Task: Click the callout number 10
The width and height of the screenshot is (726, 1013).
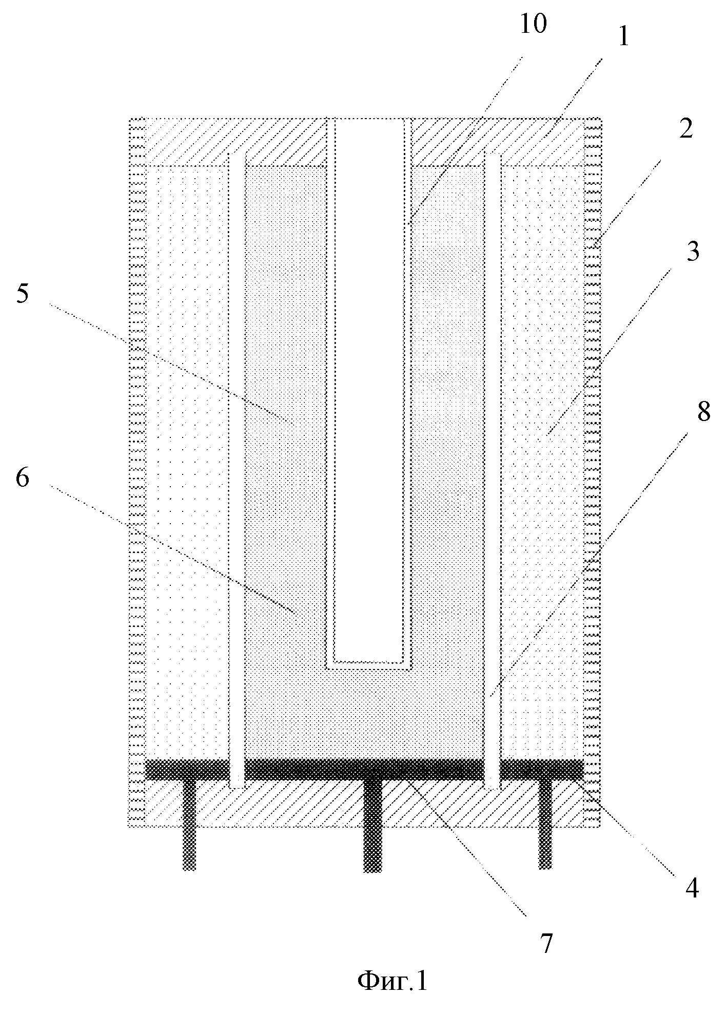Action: pos(533,25)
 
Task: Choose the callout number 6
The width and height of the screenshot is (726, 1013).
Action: pos(23,479)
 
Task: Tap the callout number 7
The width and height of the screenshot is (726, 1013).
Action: pos(546,944)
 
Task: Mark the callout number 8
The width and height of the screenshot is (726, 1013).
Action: pos(703,412)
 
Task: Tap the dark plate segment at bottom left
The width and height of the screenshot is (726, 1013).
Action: pos(187,769)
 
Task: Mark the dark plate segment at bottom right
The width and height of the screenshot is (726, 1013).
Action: pos(542,769)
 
